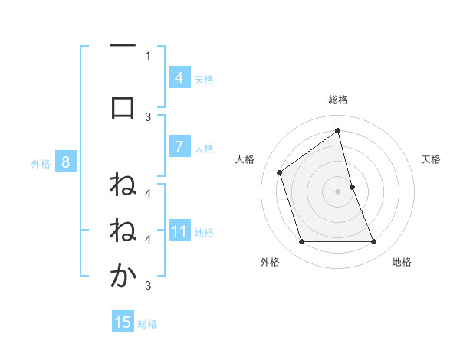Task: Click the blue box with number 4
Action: coord(179,78)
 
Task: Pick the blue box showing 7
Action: coord(179,147)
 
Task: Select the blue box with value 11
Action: coord(179,231)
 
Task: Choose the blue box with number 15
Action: coord(123,322)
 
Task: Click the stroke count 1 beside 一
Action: coord(148,55)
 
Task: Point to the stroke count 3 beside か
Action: coord(148,286)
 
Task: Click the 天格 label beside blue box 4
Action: coord(204,79)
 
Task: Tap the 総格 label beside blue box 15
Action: coord(147,324)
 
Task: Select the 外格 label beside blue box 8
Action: coord(41,163)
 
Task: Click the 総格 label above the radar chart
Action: coord(337,100)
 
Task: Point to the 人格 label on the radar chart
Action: coord(245,159)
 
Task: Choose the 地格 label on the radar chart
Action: coord(402,262)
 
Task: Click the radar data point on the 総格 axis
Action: coord(337,130)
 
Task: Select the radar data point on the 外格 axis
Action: coord(301,242)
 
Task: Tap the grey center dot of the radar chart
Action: coord(337,191)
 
